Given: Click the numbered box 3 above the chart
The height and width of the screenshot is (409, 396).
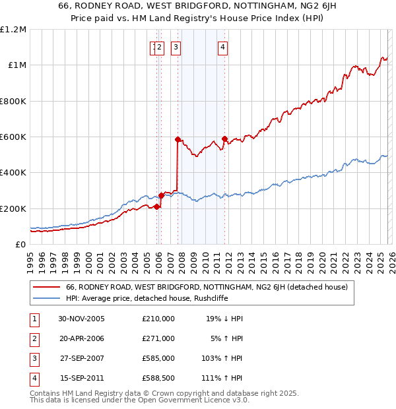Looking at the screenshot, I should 176,47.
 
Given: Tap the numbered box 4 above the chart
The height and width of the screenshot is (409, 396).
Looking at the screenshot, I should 223,47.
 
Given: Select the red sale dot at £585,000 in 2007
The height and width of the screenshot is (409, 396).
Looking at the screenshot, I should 178,139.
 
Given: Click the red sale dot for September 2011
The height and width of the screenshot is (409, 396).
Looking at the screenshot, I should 224,139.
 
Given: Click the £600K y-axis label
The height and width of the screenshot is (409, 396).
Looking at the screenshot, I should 13,137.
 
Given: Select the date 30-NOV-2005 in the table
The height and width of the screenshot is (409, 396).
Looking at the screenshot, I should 81,318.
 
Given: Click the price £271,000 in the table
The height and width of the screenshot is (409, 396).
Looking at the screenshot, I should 158,338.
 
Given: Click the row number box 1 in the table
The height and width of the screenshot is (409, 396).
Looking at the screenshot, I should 34,318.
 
